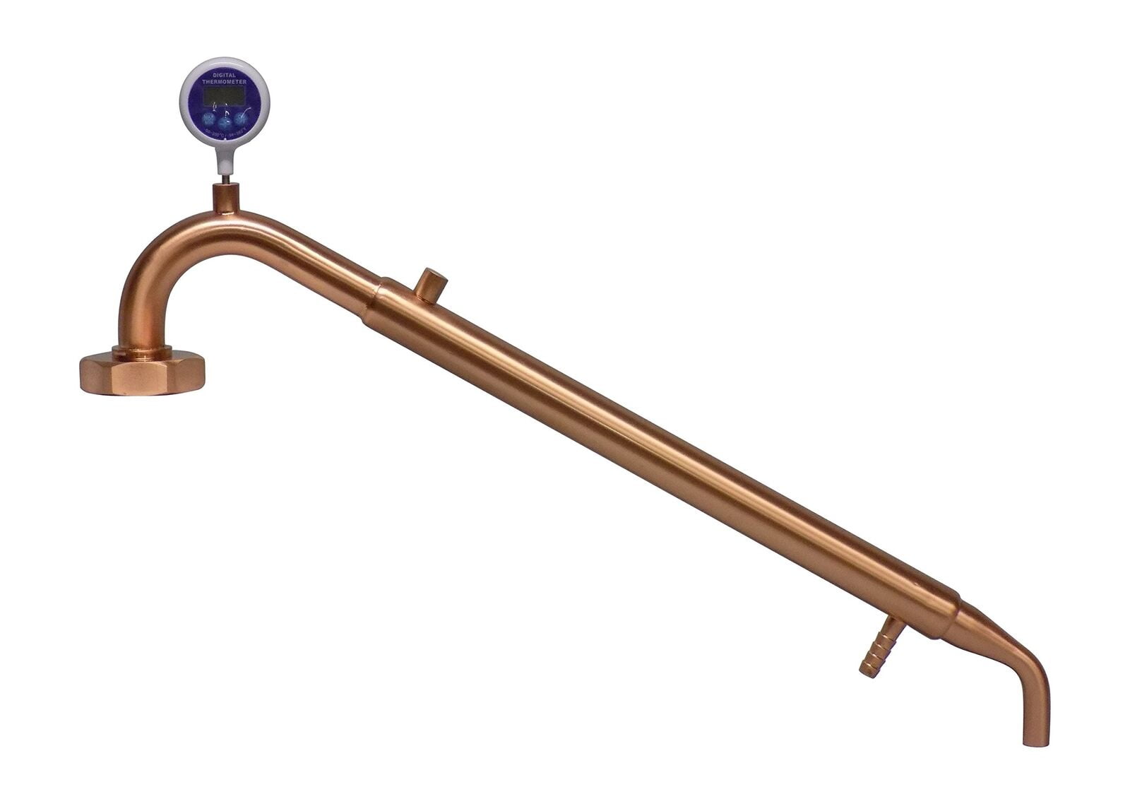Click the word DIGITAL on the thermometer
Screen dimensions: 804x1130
[224, 74]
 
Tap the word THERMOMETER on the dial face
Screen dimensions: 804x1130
[224, 82]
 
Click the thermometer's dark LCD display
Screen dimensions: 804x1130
[224, 96]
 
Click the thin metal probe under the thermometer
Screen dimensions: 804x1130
[225, 179]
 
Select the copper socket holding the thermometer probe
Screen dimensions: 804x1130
[226, 197]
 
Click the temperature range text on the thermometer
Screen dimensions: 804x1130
[225, 132]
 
